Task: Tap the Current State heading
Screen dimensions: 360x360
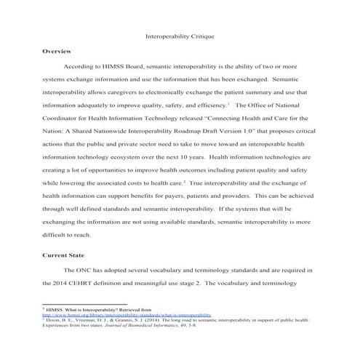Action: coord(63,255)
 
